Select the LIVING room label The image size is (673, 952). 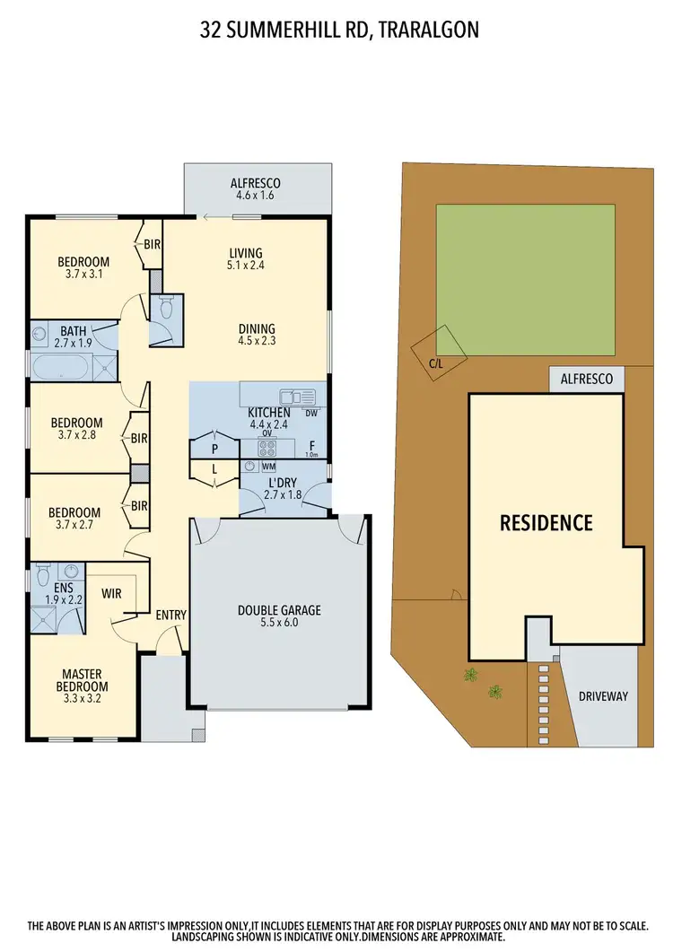[246, 258]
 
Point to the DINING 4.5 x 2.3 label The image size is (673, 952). [256, 334]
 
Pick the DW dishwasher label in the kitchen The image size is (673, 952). [311, 414]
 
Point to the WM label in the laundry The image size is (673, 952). [268, 467]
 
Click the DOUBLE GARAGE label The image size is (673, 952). [279, 616]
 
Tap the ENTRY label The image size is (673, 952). [170, 615]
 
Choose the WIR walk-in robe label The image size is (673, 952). [112, 593]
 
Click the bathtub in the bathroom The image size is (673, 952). [61, 368]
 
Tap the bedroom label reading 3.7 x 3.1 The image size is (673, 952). [83, 268]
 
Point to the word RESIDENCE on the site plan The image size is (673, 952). [546, 522]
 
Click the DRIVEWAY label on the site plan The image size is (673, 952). [603, 695]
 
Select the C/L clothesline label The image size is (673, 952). [436, 364]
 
